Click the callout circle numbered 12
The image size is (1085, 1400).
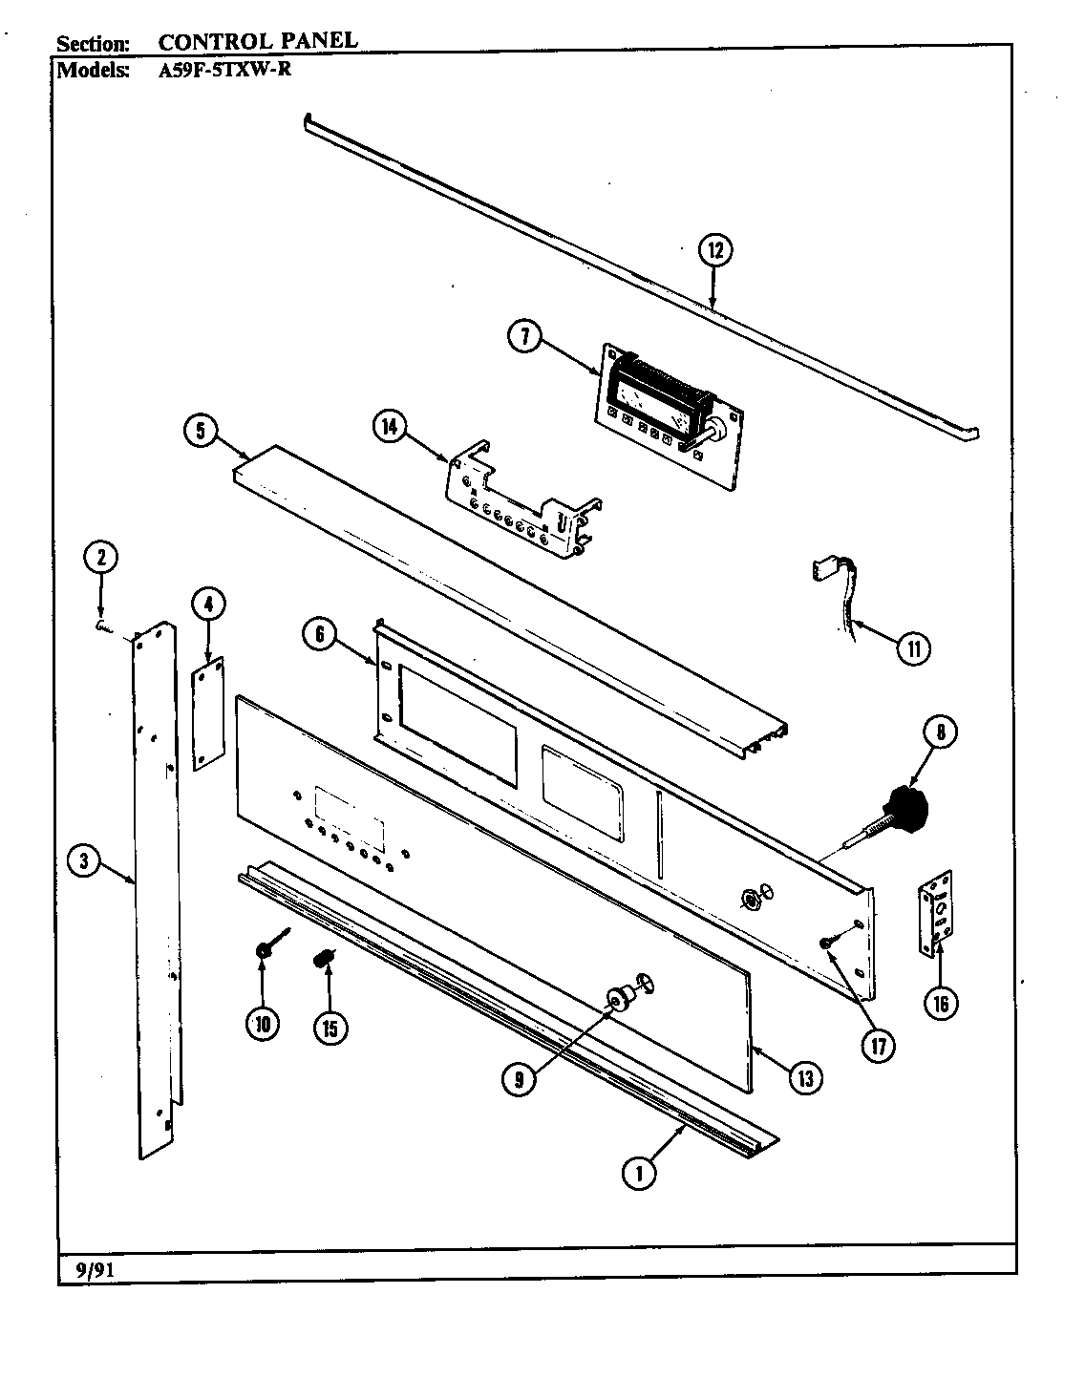point(715,250)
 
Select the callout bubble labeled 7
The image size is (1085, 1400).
point(525,338)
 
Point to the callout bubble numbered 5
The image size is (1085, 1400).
point(201,431)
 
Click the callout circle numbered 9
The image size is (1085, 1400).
point(519,1078)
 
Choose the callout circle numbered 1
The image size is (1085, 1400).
point(639,1172)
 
